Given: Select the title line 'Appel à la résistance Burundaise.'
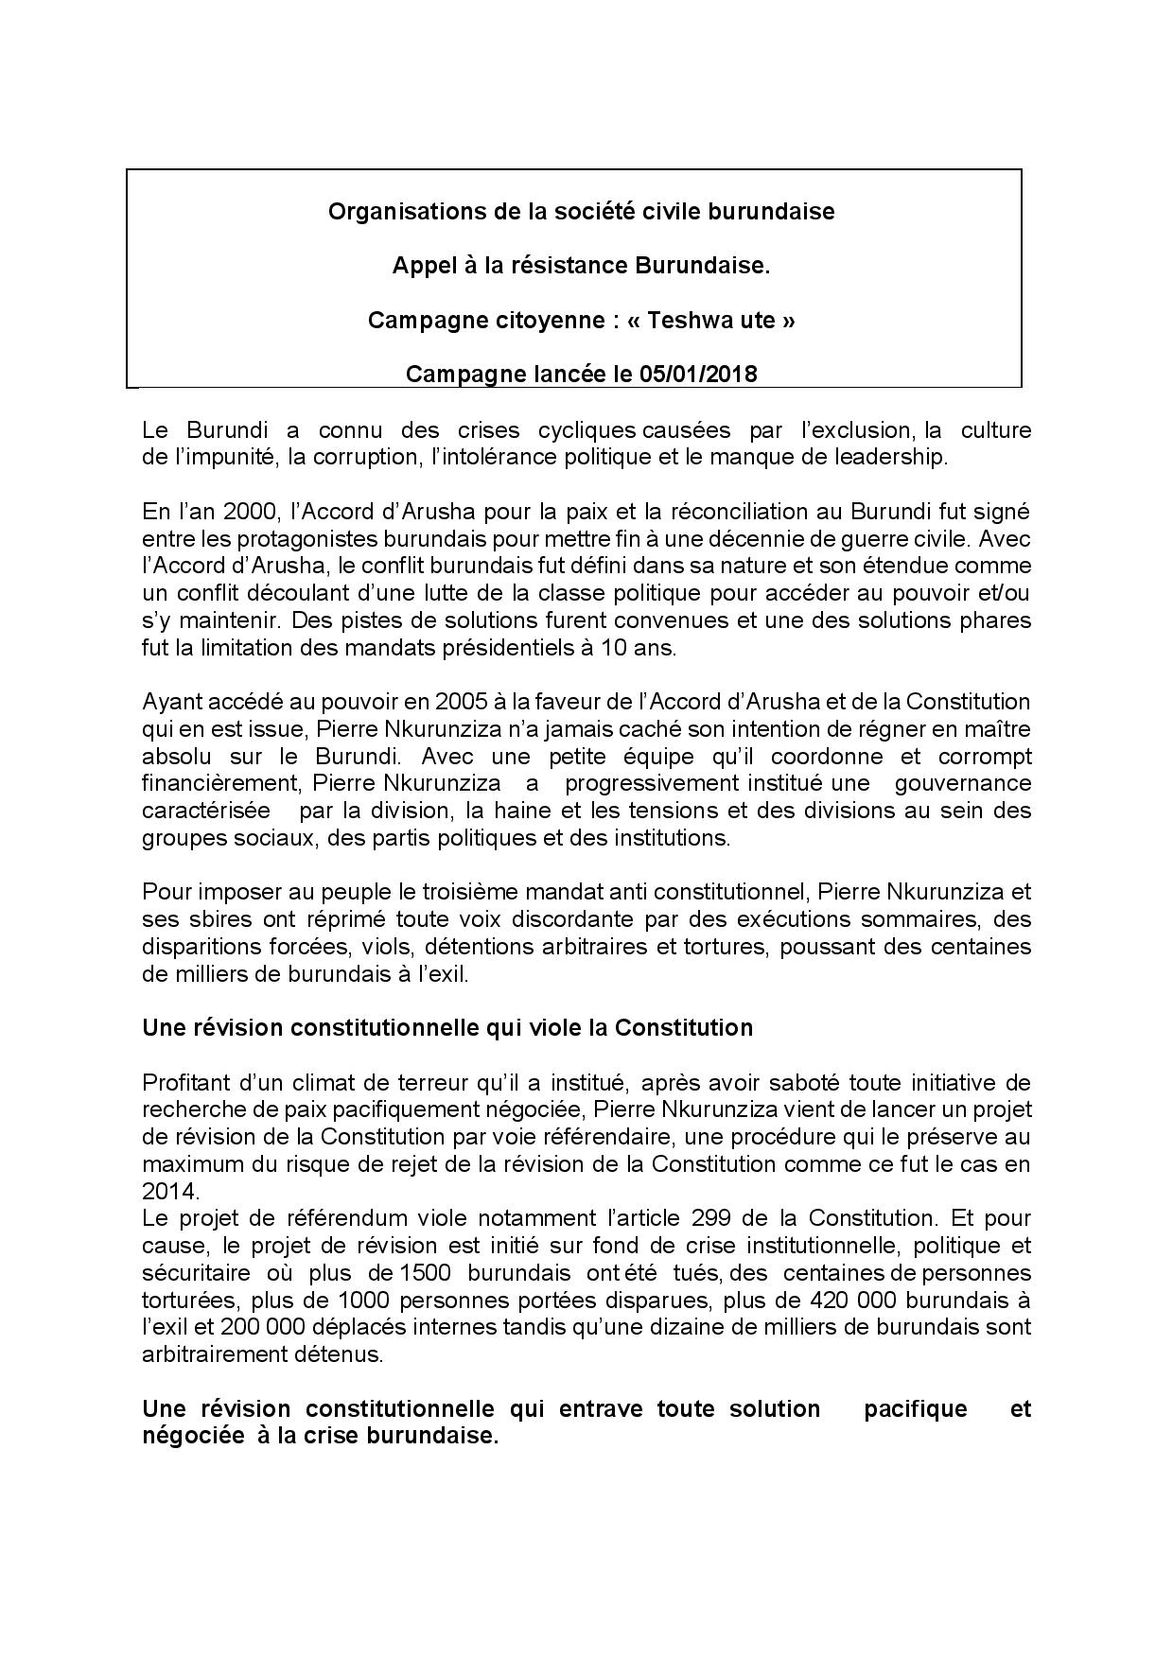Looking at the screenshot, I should [581, 266].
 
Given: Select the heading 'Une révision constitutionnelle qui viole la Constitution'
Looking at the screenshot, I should [447, 1028].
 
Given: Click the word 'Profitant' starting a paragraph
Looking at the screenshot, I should [183, 1082].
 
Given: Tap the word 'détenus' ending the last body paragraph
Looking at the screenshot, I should [345, 1354].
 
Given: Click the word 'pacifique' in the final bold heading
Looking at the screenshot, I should [916, 1408].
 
